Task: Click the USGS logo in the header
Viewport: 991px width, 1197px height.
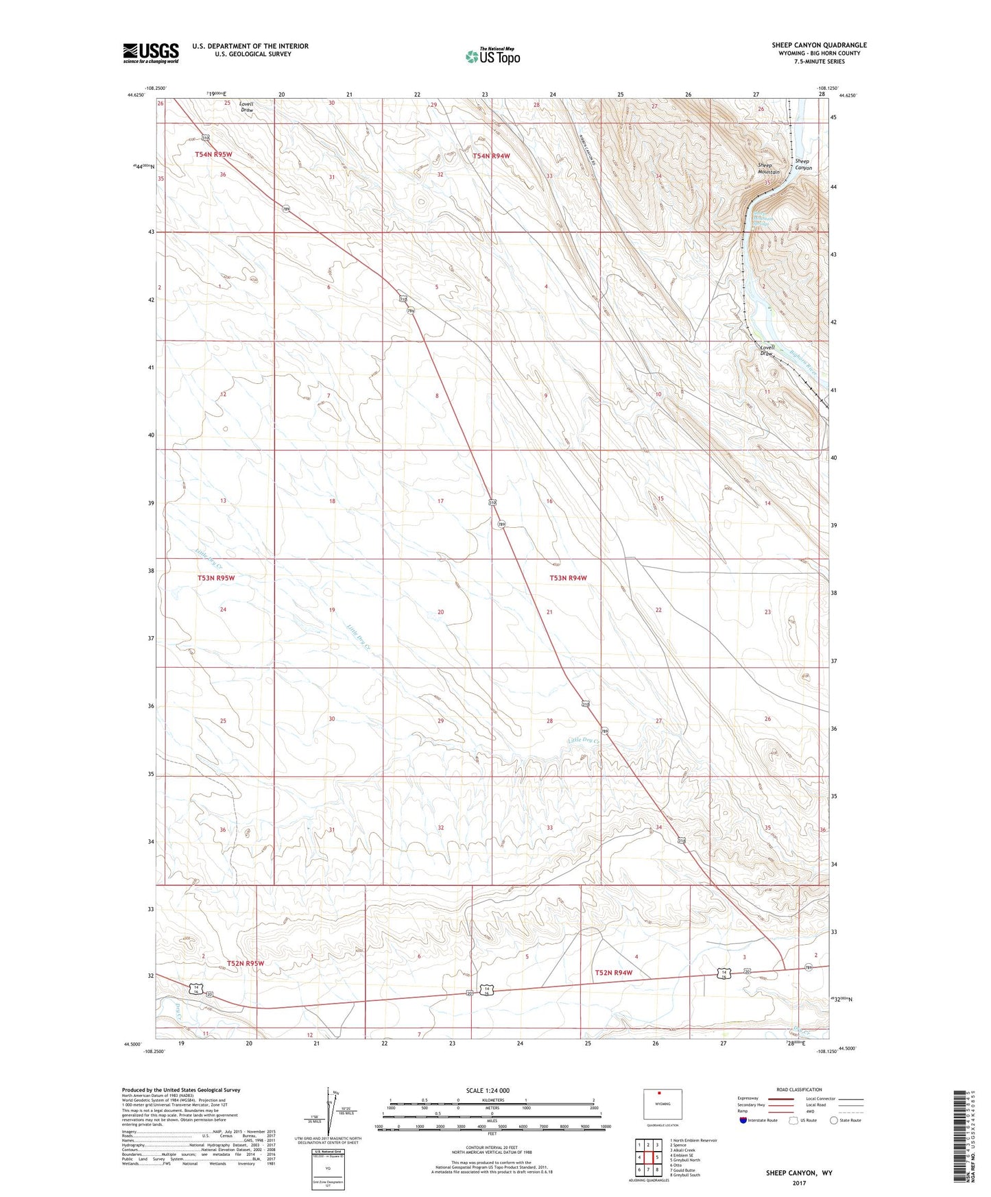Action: pyautogui.click(x=151, y=52)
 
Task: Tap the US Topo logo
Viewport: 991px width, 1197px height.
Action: pyautogui.click(x=492, y=56)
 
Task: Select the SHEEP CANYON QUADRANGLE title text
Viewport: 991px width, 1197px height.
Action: pyautogui.click(x=819, y=45)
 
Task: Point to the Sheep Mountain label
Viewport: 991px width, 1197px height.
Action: pyautogui.click(x=768, y=169)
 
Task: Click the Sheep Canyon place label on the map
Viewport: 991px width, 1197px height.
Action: pyautogui.click(x=803, y=165)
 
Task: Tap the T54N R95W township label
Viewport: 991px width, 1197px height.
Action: pyautogui.click(x=213, y=155)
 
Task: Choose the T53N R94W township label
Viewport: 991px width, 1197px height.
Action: pyautogui.click(x=568, y=578)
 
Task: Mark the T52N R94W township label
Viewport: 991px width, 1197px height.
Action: pyautogui.click(x=613, y=973)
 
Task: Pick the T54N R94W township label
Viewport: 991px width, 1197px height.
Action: pyautogui.click(x=491, y=156)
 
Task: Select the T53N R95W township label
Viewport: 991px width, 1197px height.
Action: pyautogui.click(x=216, y=578)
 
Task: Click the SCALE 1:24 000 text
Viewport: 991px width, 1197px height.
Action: pyautogui.click(x=488, y=1090)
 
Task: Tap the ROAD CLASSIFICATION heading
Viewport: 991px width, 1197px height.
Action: pyautogui.click(x=799, y=1089)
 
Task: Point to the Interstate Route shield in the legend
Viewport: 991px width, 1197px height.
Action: pyautogui.click(x=743, y=1120)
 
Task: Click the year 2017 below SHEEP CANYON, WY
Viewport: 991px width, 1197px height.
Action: pyautogui.click(x=799, y=1183)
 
